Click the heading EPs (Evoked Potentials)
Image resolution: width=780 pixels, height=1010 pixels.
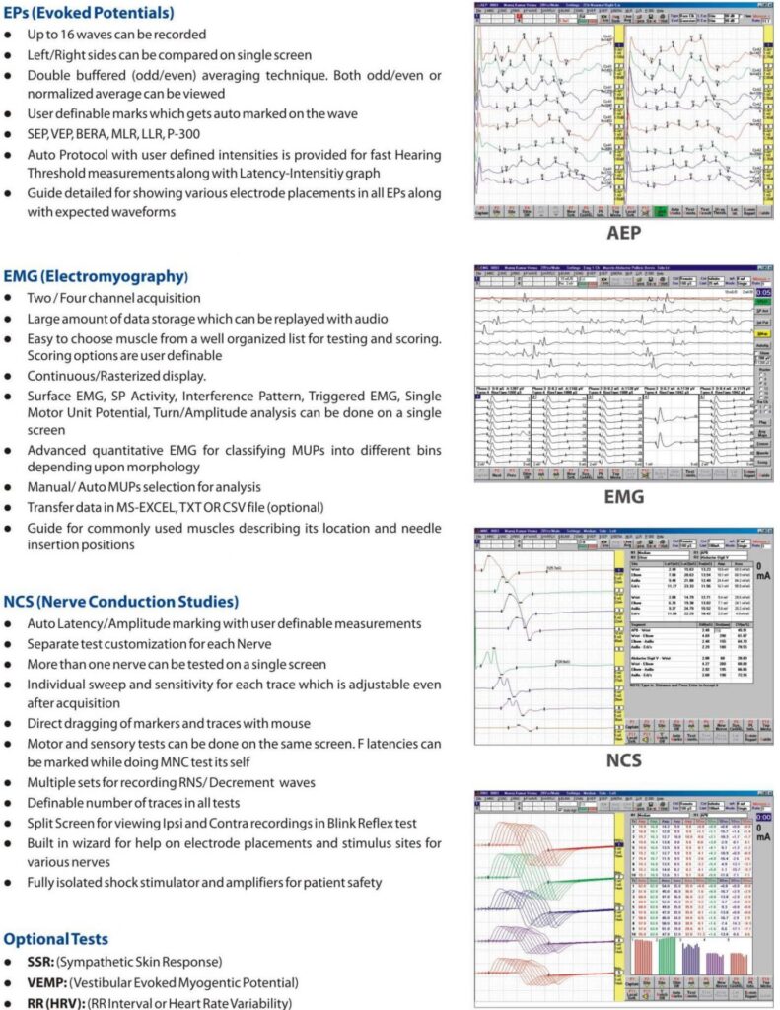[x=90, y=14]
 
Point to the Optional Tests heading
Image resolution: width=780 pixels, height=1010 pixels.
[x=56, y=939]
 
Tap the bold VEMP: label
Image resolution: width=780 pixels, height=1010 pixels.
[x=49, y=982]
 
